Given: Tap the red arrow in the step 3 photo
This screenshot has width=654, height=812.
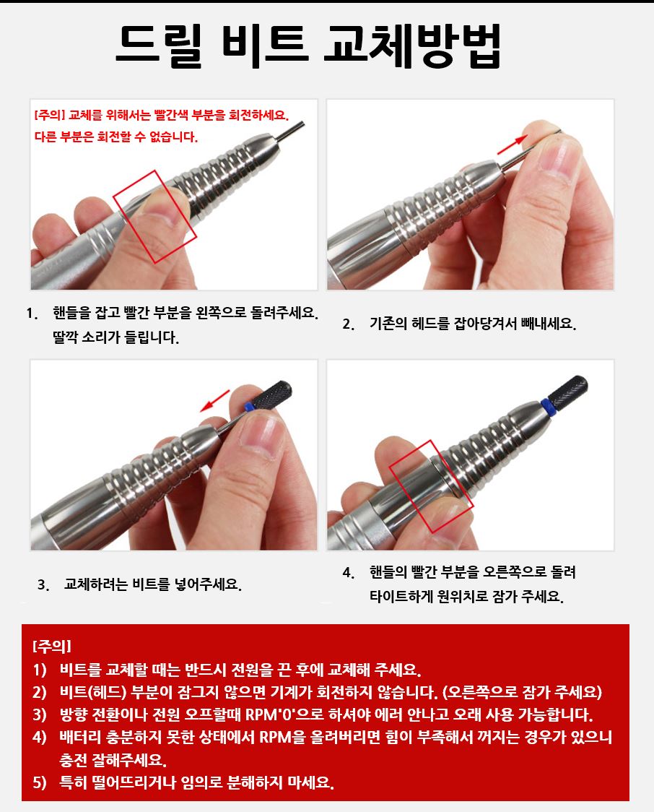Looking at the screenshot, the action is point(214,401).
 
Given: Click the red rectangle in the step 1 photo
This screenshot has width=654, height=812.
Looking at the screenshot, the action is point(155,217).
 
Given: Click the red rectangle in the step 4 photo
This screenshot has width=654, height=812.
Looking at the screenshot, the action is point(431,486).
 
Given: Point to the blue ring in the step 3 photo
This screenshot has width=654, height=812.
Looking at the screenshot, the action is point(249,405).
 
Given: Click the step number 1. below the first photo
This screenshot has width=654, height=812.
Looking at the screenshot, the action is point(32,314).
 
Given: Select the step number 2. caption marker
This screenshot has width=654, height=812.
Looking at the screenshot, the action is point(349,324).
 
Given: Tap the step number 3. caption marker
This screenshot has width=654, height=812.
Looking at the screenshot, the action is point(43,585).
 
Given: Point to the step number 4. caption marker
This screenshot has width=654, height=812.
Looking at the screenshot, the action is point(349,573).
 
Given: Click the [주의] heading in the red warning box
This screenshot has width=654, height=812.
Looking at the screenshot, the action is point(51,647).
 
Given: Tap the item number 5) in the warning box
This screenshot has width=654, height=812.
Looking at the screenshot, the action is point(40,782).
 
